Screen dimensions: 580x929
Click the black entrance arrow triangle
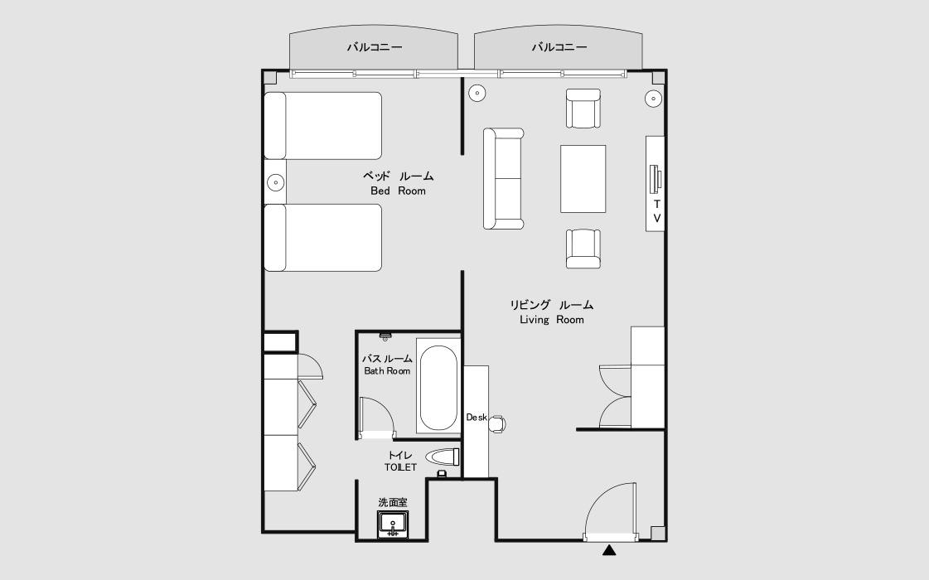point(610,549)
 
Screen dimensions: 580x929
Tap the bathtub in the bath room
point(437,389)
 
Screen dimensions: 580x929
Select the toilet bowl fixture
point(443,457)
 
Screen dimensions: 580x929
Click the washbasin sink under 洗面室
point(393,524)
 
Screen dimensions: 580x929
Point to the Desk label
point(476,418)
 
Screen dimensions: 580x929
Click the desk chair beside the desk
point(497,423)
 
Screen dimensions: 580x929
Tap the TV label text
point(656,210)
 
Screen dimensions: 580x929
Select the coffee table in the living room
point(583,179)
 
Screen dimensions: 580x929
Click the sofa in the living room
point(504,178)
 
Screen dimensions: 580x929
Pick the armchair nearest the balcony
point(583,109)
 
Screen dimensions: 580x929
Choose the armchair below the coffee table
point(583,249)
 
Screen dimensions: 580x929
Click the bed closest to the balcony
point(323,125)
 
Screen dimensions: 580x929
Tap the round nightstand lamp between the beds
point(274,181)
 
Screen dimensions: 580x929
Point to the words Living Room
point(551,320)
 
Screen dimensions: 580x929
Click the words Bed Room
point(398,191)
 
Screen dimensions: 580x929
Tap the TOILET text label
point(400,467)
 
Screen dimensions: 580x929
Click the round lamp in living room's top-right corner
point(653,99)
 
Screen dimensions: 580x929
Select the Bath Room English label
point(387,371)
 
